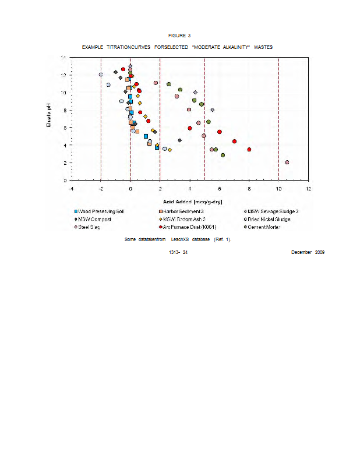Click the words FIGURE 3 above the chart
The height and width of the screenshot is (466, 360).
180,36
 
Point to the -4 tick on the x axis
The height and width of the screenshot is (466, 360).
71,188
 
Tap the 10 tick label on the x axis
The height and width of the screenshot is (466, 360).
278,188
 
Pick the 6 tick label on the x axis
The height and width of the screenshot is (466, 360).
219,188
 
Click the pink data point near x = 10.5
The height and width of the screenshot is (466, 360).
287,163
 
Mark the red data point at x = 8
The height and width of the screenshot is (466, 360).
249,150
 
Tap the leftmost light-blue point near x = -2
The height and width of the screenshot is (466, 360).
101,75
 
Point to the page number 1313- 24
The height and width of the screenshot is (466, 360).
178,252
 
